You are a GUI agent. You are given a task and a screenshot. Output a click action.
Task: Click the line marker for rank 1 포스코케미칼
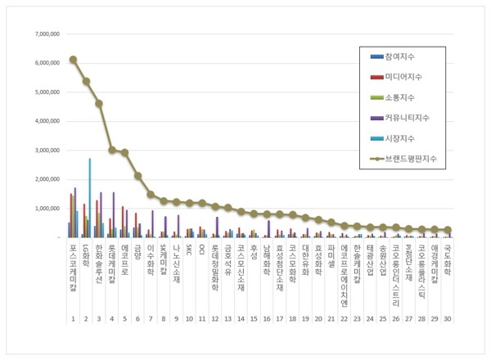pos(73,59)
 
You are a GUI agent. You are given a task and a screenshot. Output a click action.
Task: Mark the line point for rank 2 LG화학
pos(86,81)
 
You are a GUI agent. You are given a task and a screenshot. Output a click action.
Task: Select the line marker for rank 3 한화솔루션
pos(99,104)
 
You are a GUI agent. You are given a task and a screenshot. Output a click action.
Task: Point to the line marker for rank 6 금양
pos(138,175)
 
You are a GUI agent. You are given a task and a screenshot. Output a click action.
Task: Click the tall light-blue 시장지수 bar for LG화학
pos(89,196)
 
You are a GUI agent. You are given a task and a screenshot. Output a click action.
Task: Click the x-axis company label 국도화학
pos(448,257)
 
